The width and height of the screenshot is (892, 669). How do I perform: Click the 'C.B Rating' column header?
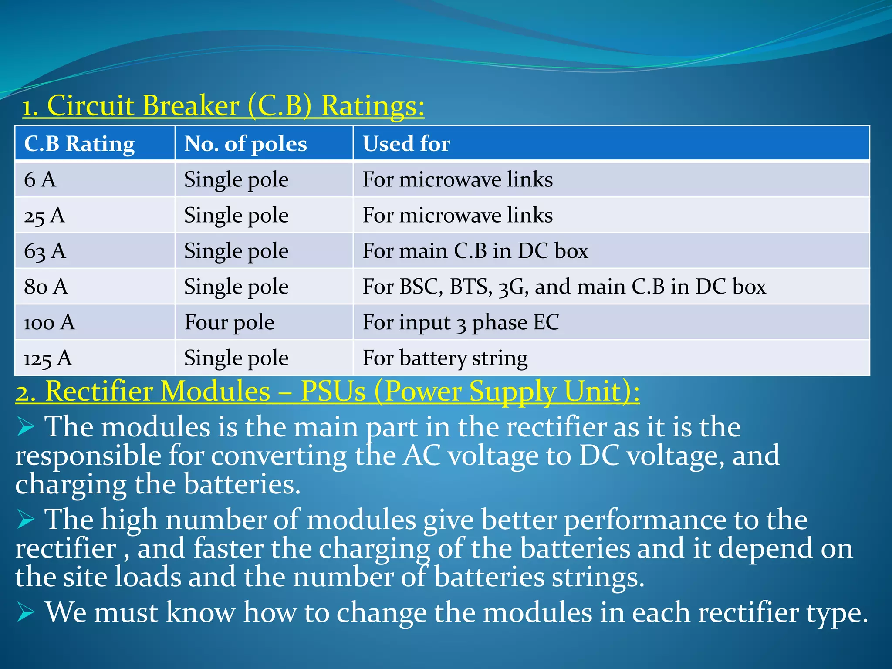point(79,144)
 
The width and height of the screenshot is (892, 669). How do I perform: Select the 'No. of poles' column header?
point(245,144)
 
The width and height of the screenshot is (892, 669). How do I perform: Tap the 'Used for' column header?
point(406,144)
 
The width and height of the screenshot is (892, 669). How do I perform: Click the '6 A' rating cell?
point(40,179)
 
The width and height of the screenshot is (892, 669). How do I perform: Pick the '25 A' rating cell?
point(44,216)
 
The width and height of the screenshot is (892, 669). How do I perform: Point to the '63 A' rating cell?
point(45,251)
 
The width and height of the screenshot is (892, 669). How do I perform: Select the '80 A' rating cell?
point(46,287)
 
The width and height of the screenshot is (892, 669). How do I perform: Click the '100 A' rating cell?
point(49,323)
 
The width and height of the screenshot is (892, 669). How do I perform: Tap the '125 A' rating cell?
point(47,358)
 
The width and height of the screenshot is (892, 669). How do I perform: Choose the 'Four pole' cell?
point(229,323)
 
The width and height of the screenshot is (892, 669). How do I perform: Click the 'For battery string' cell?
point(445,358)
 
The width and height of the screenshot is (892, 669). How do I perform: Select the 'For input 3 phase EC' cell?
point(461,323)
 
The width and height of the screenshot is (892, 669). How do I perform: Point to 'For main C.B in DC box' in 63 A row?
point(475,251)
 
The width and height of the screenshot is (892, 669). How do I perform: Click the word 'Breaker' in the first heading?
point(190,106)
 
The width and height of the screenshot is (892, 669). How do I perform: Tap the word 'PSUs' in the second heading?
point(333,391)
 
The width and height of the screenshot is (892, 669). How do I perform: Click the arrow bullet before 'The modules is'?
point(26,426)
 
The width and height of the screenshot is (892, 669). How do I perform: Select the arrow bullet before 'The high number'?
point(26,520)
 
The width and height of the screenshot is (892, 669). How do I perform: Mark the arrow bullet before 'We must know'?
point(26,613)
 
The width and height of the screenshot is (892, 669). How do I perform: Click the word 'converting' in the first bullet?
point(279,456)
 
